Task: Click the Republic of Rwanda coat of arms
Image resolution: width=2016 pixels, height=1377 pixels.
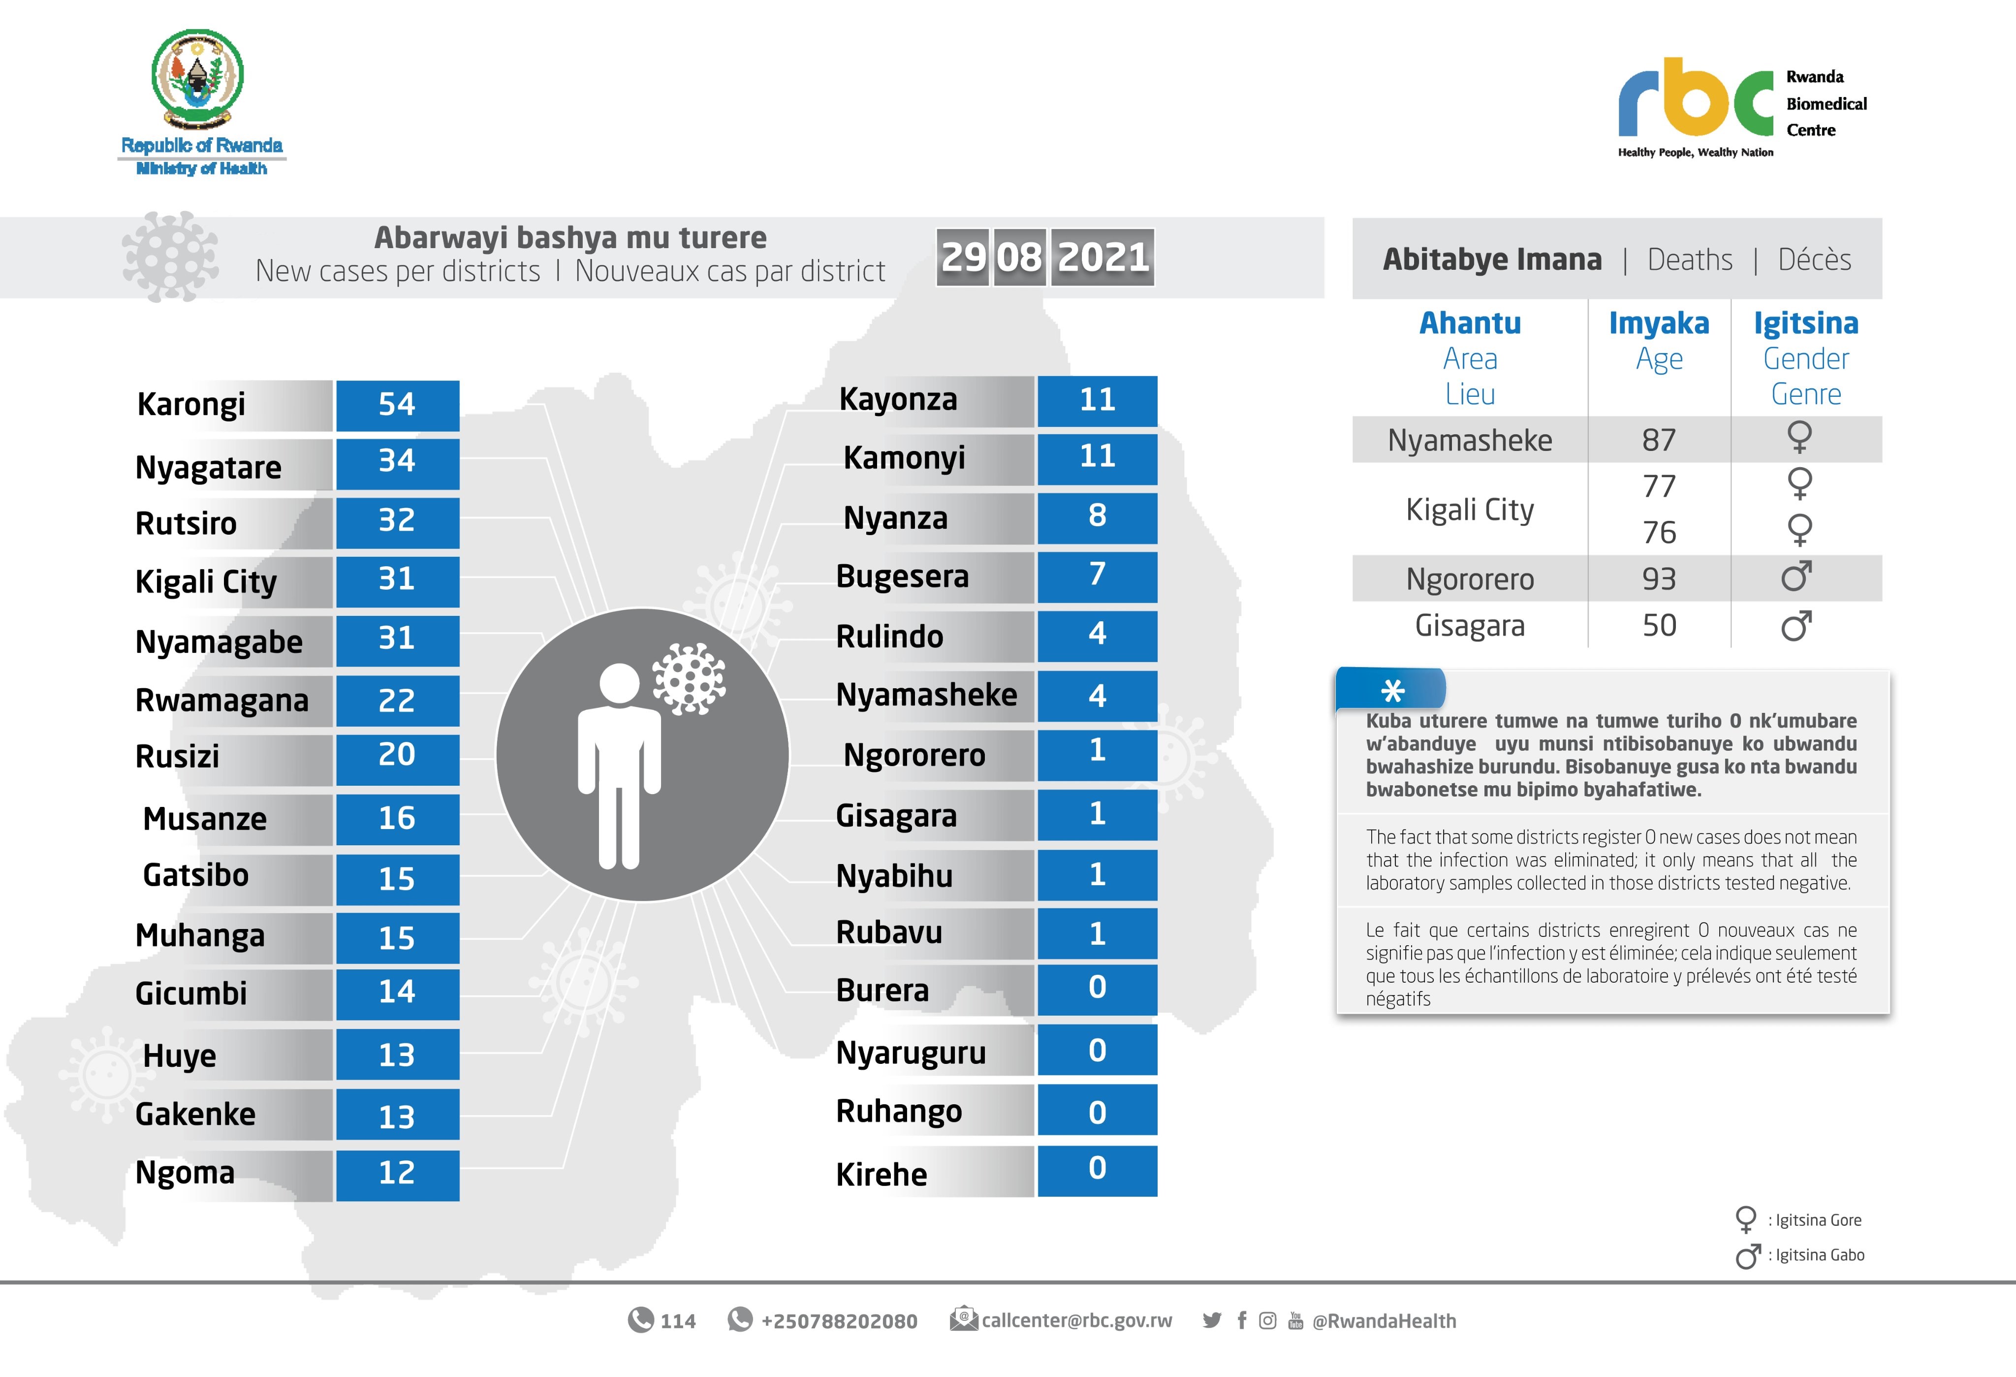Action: pos(198,78)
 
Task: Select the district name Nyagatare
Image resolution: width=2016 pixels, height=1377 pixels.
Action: pos(208,468)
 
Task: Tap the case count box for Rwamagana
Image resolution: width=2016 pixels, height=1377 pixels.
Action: pos(397,700)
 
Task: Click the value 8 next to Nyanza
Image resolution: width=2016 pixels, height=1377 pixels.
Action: pos(1098,517)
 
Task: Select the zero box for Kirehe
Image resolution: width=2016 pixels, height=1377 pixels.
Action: pos(1098,1170)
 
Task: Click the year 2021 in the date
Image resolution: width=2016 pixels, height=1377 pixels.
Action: pos(1102,257)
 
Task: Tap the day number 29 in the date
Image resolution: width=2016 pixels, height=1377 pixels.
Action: pos(963,257)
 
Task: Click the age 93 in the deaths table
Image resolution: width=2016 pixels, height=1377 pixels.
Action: pos(1659,579)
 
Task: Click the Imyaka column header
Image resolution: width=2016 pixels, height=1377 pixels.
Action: pos(1659,323)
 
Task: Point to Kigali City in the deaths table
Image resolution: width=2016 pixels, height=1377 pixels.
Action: pos(1470,510)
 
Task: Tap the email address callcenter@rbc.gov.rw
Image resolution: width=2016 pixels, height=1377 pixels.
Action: pos(1076,1320)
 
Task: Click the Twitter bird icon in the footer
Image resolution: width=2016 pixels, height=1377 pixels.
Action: pos(1212,1320)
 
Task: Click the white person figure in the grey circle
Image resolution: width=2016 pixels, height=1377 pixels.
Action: pos(619,764)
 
